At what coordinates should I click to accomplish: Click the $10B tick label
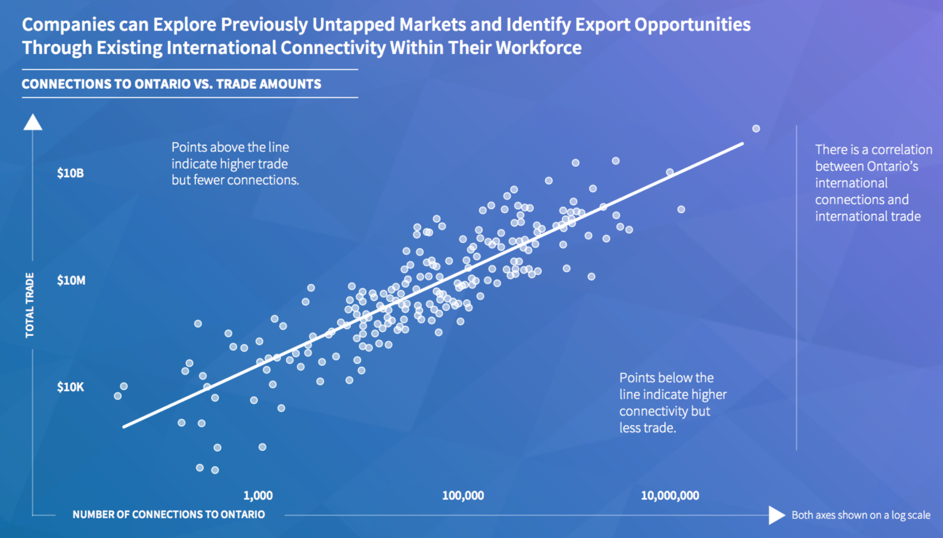[71, 173]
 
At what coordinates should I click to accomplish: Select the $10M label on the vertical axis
[71, 280]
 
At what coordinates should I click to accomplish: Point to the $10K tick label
[71, 387]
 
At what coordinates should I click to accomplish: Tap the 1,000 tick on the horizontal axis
[258, 496]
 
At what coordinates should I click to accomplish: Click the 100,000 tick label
[463, 496]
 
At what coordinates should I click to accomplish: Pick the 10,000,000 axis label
[670, 496]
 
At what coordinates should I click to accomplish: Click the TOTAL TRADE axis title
[29, 305]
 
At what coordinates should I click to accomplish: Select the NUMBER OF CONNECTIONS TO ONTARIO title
[168, 514]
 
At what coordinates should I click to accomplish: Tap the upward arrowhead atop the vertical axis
[32, 122]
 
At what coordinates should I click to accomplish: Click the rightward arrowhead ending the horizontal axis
[777, 515]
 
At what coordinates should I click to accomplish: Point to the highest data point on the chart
[756, 129]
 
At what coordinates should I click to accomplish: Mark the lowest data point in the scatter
[215, 470]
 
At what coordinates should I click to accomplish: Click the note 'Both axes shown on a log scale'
[861, 515]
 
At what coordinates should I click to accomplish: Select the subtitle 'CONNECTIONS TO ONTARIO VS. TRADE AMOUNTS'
[171, 84]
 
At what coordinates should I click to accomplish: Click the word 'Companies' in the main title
[68, 25]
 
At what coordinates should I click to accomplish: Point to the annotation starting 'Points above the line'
[235, 164]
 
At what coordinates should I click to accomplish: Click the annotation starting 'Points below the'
[673, 403]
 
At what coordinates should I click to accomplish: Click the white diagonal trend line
[433, 285]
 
